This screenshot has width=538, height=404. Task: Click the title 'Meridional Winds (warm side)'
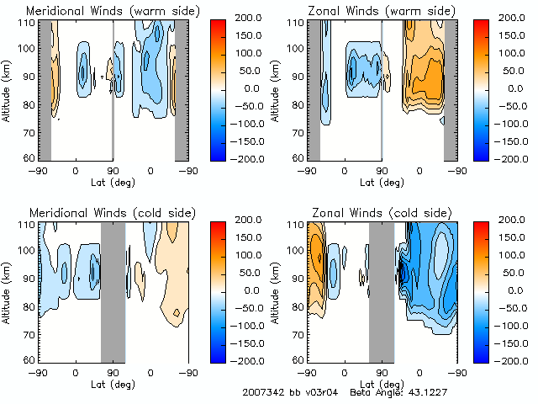pyautogui.click(x=113, y=11)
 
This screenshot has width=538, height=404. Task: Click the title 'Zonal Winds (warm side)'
pyautogui.click(x=382, y=11)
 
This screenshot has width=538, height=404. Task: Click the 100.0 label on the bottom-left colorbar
pyautogui.click(x=251, y=254)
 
